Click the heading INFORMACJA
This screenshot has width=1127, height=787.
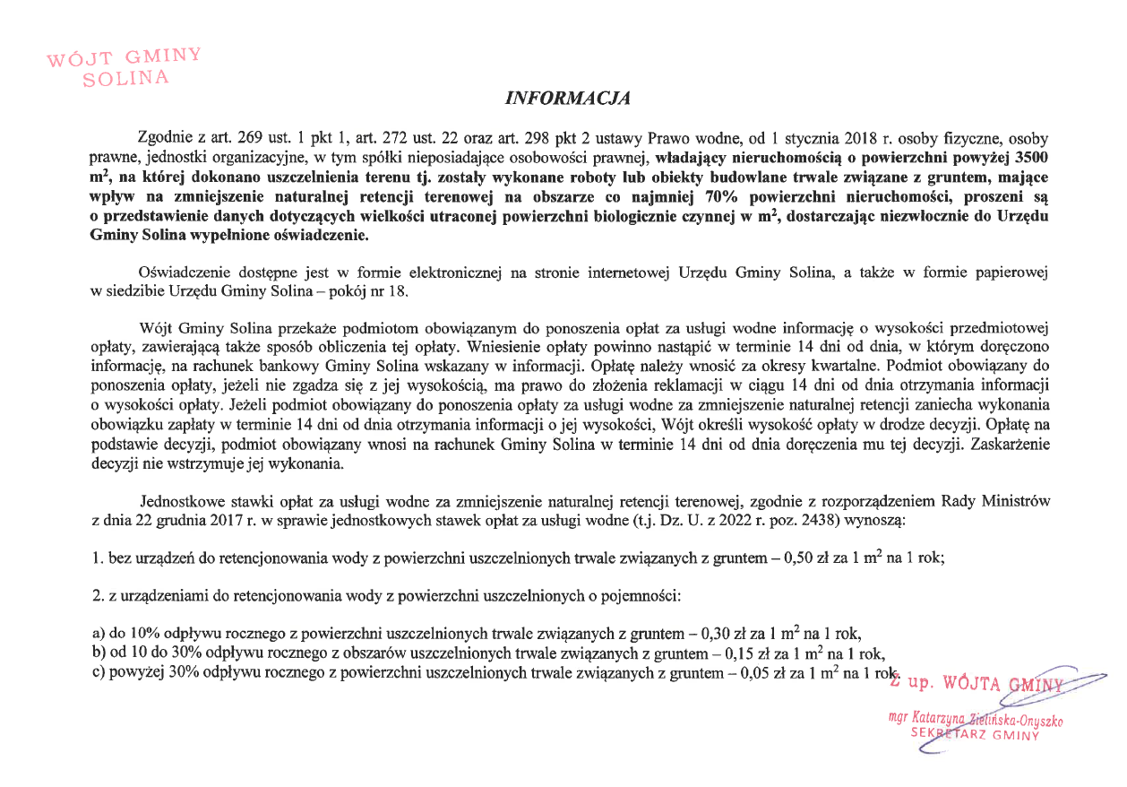[569, 98]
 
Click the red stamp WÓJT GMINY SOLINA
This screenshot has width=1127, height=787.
[125, 68]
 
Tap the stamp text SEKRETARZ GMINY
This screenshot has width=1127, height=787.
[974, 733]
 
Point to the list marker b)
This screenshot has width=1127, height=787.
[99, 653]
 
